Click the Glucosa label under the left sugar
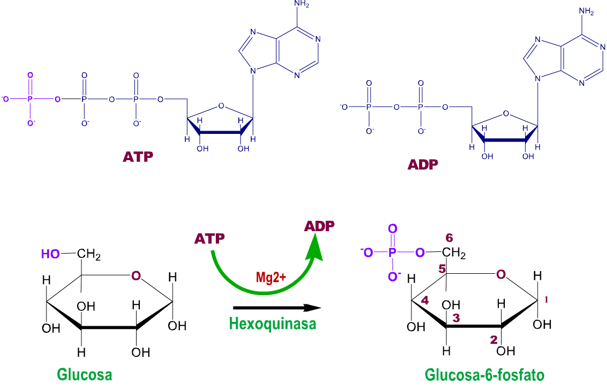[x=84, y=374]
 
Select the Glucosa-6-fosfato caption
[x=484, y=374]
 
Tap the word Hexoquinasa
[x=273, y=324]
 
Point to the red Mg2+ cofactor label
[x=270, y=277]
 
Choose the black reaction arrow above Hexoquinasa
[x=277, y=308]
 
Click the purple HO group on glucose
[x=50, y=254]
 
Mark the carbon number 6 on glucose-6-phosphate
[x=449, y=237]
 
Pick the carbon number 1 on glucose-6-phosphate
[x=546, y=299]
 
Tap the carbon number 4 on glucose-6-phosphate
[x=425, y=300]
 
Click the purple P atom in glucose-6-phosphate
[x=392, y=253]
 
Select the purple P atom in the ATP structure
[x=30, y=99]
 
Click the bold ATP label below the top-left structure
[x=138, y=157]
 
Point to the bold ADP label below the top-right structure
[x=423, y=164]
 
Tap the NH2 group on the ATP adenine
[x=302, y=4]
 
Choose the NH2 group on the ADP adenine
[x=586, y=11]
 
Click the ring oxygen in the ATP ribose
[x=221, y=105]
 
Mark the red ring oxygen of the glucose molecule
[x=136, y=276]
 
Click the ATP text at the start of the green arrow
[x=209, y=238]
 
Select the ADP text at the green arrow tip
[x=320, y=226]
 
